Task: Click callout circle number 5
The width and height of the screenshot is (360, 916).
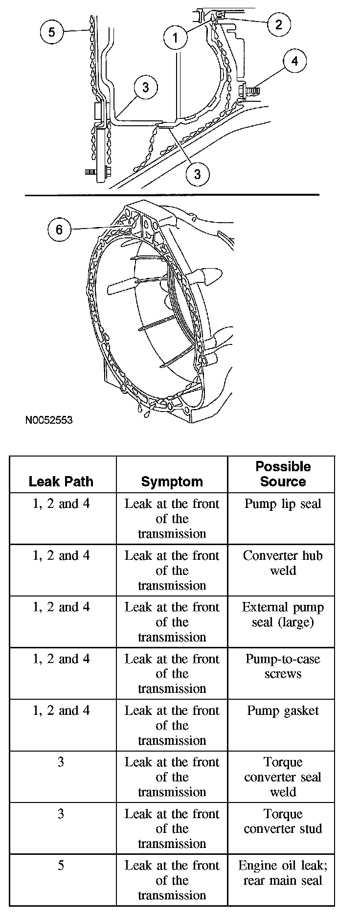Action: (52, 32)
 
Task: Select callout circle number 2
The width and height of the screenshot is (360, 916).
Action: (278, 24)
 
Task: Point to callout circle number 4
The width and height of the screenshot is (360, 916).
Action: (294, 61)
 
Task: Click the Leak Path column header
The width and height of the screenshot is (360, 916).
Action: (61, 481)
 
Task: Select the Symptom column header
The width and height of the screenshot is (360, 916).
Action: (172, 481)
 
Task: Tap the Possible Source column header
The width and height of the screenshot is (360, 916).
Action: (283, 474)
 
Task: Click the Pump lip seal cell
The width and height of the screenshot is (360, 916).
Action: (283, 504)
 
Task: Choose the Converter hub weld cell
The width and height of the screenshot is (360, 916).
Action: (283, 563)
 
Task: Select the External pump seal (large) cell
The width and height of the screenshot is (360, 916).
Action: (283, 615)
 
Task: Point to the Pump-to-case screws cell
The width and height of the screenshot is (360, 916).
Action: (283, 666)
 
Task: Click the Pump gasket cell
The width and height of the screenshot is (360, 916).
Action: (283, 710)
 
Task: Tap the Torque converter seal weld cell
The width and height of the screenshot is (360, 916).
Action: (283, 777)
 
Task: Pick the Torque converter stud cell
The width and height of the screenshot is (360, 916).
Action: (283, 821)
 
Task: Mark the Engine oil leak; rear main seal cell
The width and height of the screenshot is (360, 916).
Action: (283, 873)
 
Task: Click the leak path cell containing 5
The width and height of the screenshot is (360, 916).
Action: (61, 866)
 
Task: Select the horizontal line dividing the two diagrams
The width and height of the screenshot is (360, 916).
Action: (171, 195)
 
